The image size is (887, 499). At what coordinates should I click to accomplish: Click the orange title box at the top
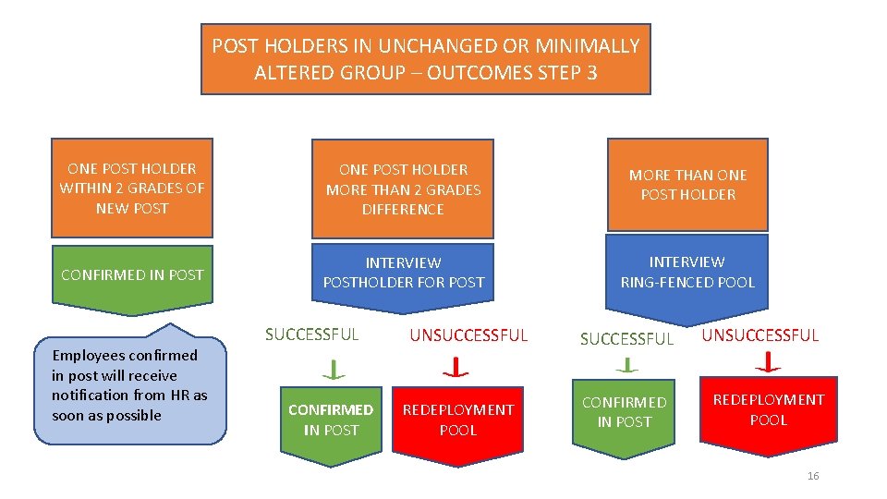pos(426,59)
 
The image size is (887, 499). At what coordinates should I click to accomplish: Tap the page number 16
pos(813,476)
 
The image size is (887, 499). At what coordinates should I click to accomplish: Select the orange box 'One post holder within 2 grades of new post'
pos(132,189)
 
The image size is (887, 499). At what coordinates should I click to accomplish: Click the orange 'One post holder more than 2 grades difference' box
pos(403,189)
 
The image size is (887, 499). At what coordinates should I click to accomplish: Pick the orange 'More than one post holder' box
pos(687,185)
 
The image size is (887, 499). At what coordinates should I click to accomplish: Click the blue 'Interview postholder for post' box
pos(403,272)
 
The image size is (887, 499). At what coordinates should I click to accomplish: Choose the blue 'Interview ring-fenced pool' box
pos(687,272)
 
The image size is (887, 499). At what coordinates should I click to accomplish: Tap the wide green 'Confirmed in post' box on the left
pos(132,274)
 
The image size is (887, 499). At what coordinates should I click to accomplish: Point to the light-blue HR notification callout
pos(130,386)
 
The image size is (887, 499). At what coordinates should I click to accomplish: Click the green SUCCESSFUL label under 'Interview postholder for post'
pos(312,335)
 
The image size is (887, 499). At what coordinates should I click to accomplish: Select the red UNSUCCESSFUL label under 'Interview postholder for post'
pos(468,335)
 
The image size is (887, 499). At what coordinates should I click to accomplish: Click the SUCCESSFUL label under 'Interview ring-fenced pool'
pos(626,339)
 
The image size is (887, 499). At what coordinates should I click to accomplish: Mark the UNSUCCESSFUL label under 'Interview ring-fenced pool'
pos(760,335)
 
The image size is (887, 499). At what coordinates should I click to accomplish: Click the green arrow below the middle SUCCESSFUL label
pos(333,370)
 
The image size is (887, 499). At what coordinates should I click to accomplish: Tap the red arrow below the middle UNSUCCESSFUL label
pos(456,369)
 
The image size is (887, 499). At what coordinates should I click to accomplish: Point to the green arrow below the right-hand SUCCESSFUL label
pos(627,365)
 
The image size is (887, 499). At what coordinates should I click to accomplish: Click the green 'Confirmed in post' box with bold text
pos(331,420)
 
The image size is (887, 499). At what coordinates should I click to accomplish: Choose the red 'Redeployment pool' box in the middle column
pos(457,420)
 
